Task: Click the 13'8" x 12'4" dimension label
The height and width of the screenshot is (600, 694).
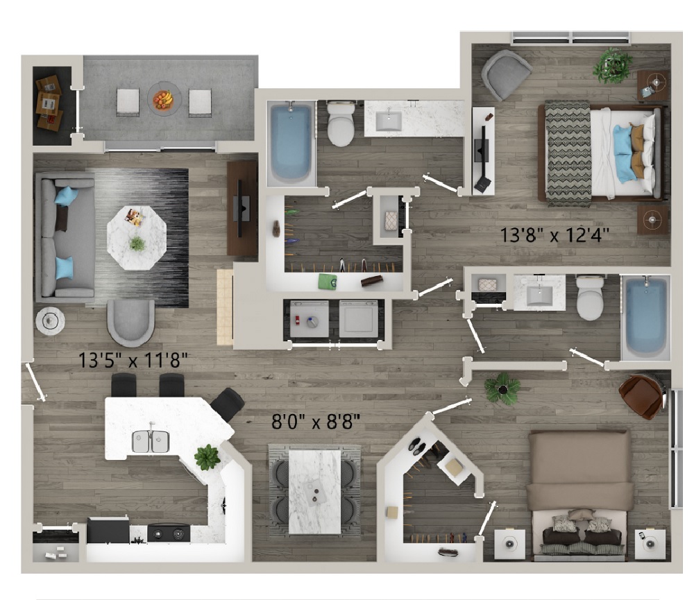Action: pos(555,235)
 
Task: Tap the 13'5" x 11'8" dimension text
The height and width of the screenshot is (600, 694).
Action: pos(133,361)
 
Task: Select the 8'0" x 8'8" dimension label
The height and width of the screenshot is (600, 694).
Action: pos(316,422)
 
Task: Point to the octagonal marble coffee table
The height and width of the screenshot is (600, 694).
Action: pos(137,238)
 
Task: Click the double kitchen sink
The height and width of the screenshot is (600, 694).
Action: pos(151,442)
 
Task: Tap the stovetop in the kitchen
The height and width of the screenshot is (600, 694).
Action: pos(169,533)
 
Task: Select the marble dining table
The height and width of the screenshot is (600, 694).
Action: pos(314,492)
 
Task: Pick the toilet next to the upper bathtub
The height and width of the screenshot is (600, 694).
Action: pos(341,124)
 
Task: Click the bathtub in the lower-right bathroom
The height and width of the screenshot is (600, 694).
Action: pos(645,317)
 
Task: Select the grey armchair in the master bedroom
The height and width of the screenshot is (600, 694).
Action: pos(507,75)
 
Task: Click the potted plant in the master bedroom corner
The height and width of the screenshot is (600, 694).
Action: pos(613,65)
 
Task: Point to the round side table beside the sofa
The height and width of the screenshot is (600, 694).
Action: pos(50,320)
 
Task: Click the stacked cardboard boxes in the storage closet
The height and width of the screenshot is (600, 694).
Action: pos(49,103)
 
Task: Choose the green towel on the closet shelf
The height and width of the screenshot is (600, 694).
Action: pos(328,282)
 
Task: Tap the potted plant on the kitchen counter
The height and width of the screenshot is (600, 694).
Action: pos(207,457)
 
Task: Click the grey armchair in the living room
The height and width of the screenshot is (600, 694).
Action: pos(131,323)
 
